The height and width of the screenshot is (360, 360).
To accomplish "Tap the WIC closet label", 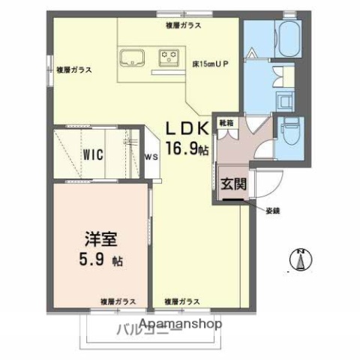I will (94, 154).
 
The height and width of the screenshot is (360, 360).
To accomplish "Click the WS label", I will (151, 157).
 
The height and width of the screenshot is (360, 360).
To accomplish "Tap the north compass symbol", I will (301, 259).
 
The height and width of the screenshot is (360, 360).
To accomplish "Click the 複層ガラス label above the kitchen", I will (183, 25).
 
